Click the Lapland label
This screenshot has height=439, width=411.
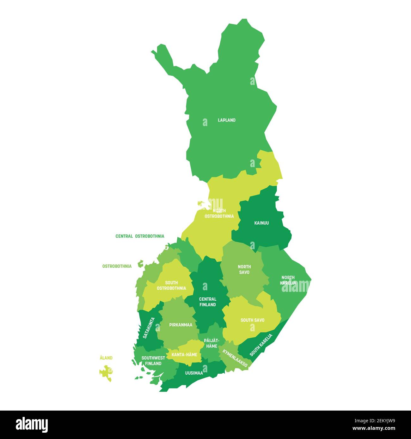coord(226,120)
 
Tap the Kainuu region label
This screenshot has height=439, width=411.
coord(261,223)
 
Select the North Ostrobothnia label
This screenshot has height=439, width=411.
coord(219,213)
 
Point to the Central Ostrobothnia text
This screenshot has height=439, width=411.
coord(140,236)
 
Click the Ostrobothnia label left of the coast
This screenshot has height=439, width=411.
coord(117,266)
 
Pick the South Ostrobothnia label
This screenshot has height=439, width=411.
coord(171,286)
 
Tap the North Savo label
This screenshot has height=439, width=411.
coord(244,269)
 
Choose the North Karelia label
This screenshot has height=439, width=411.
coord(288,280)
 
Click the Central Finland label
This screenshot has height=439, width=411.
coord(207,302)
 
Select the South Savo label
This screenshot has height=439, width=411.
coord(252,320)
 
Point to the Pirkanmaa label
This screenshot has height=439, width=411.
coord(181,325)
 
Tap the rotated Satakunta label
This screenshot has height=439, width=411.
coord(149,328)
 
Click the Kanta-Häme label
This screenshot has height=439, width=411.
coord(184,355)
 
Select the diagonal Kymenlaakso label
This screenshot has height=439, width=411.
coord(235,358)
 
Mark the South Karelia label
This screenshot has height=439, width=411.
coord(261,345)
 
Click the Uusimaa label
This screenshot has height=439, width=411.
coord(194,373)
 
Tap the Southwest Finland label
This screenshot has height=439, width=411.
coord(153,361)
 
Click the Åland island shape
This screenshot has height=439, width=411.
coord(106,372)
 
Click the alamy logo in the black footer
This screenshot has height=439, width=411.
coord(32,424)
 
